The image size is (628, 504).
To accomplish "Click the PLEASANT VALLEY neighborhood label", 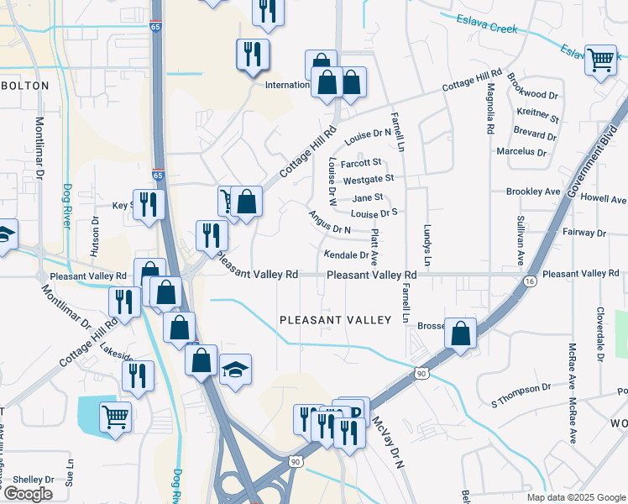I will tap(336, 320).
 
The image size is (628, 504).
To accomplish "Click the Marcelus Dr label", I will tap(521, 152).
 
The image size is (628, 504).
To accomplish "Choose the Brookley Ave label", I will tap(533, 192).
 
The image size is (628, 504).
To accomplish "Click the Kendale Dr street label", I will tap(347, 255).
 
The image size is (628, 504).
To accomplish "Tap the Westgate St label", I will tap(369, 179).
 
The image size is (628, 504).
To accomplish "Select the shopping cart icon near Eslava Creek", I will tap(600, 60).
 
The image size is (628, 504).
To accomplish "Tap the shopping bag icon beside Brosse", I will tap(461, 333).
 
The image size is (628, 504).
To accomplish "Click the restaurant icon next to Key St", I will tap(149, 206).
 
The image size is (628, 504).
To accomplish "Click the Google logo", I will tap(28, 494).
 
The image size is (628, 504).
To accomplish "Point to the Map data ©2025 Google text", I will tap(575, 497).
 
